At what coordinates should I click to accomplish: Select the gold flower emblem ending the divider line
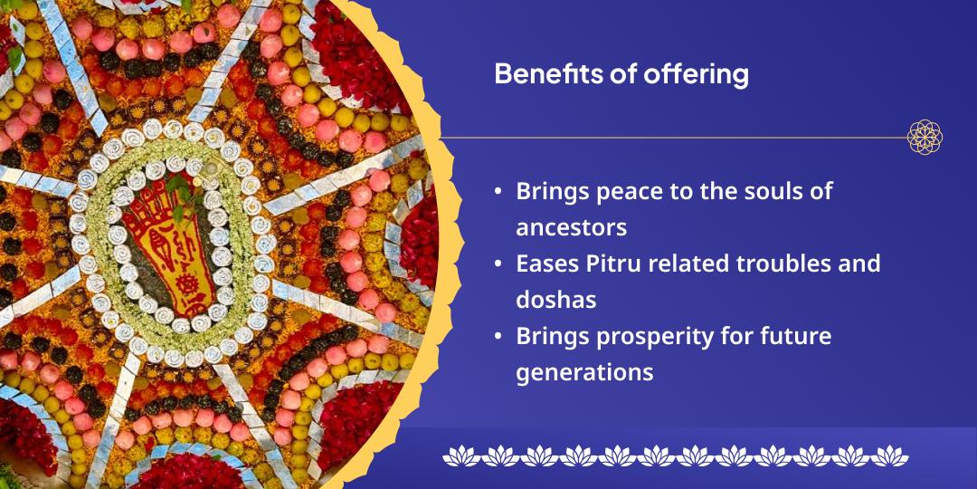tap(925, 138)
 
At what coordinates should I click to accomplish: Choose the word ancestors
tap(572, 228)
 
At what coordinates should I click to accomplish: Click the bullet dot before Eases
tap(498, 264)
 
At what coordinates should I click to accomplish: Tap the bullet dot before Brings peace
tap(498, 191)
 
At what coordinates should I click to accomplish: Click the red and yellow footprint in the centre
tap(168, 247)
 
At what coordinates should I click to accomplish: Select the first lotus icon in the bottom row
tap(461, 455)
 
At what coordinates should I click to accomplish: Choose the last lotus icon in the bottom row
tap(889, 455)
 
